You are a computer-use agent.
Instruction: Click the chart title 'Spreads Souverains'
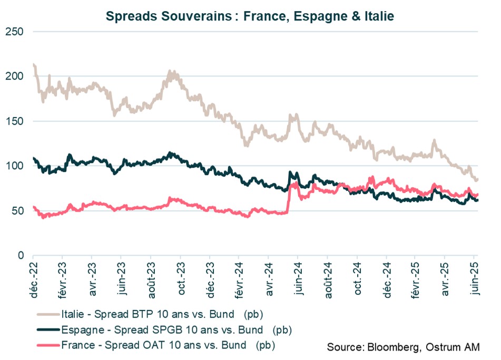[x=250, y=16]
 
